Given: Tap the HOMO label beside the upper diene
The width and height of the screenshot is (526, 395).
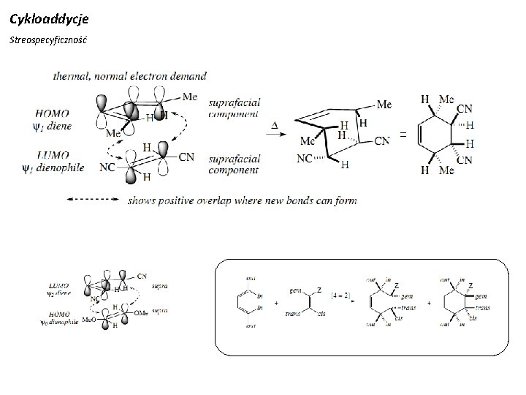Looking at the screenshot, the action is tap(54, 113).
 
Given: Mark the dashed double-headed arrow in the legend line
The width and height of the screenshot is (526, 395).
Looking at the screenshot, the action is tap(93, 198).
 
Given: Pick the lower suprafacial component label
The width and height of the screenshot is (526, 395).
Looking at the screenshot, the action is tap(235, 165).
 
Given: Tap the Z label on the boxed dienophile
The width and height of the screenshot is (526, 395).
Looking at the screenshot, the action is tap(319, 292).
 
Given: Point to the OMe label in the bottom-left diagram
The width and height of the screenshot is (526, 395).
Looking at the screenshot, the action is tap(142, 314).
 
